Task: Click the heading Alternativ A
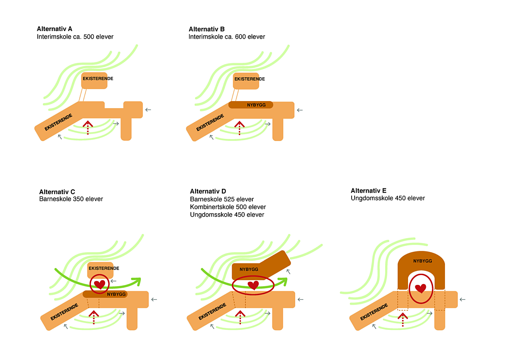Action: [x=55, y=29]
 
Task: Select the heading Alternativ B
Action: [x=207, y=29]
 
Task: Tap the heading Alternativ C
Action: [x=57, y=191]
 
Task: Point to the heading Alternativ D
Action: [x=208, y=191]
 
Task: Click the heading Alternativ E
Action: [x=369, y=191]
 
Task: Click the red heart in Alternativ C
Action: [x=100, y=284]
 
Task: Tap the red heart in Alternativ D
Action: [x=253, y=285]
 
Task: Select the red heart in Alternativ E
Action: [x=420, y=289]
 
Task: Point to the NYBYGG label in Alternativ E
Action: [x=422, y=261]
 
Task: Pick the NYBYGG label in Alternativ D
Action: [x=249, y=269]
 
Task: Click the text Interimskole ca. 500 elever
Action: [x=75, y=37]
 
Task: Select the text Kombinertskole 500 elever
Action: [x=228, y=207]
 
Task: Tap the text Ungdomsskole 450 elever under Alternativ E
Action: [x=388, y=198]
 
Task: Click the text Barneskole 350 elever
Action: [x=71, y=199]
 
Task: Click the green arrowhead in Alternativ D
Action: [x=282, y=281]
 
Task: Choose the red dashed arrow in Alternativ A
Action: [x=88, y=127]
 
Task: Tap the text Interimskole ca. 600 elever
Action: [x=227, y=37]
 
